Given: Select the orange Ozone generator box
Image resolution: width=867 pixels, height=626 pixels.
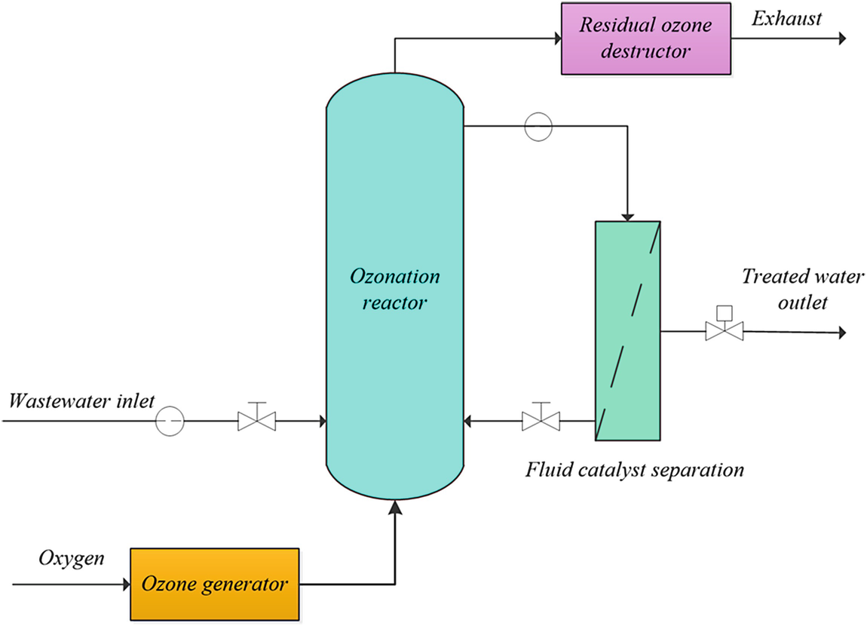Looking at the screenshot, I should pyautogui.click(x=215, y=584).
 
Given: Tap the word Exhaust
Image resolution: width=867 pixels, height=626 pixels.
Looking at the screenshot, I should pyautogui.click(x=786, y=18).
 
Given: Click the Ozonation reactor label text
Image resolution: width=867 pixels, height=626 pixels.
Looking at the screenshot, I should pyautogui.click(x=394, y=290).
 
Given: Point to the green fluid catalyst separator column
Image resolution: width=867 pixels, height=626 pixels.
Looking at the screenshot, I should pyautogui.click(x=628, y=330).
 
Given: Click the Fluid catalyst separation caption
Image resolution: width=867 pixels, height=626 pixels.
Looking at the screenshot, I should pyautogui.click(x=635, y=471).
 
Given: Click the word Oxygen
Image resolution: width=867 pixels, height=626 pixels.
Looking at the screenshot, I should pyautogui.click(x=71, y=560).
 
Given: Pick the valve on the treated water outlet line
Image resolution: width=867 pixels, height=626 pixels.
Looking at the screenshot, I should pyautogui.click(x=725, y=330).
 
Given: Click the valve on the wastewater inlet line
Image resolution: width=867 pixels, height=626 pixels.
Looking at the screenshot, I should pyautogui.click(x=256, y=420).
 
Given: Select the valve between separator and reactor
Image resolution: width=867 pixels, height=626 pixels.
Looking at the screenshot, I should pyautogui.click(x=541, y=420).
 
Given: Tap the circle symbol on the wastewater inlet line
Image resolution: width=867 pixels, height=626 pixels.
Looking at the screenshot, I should pyautogui.click(x=170, y=420).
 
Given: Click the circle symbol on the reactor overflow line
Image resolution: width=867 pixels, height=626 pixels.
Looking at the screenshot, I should pyautogui.click(x=538, y=126).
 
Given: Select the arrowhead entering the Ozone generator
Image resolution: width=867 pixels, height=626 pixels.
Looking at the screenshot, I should pyautogui.click(x=125, y=584).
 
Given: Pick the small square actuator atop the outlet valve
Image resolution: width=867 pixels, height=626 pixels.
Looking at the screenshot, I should pyautogui.click(x=725, y=311).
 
